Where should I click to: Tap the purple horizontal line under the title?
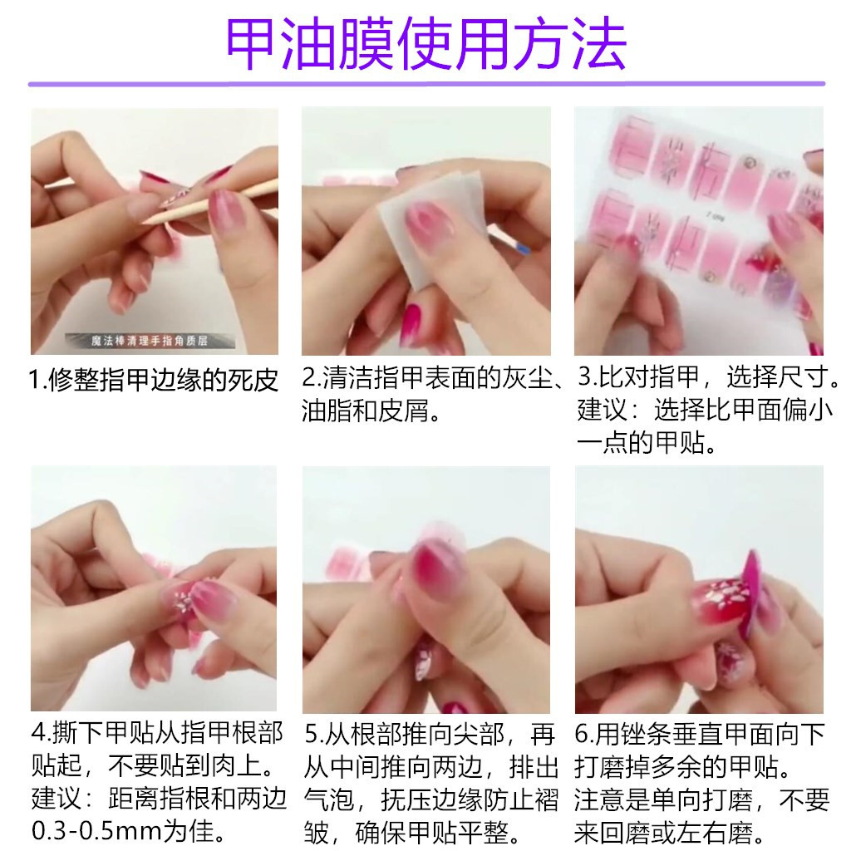tap(425, 84)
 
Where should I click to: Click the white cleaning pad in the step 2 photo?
tap(416, 224)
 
